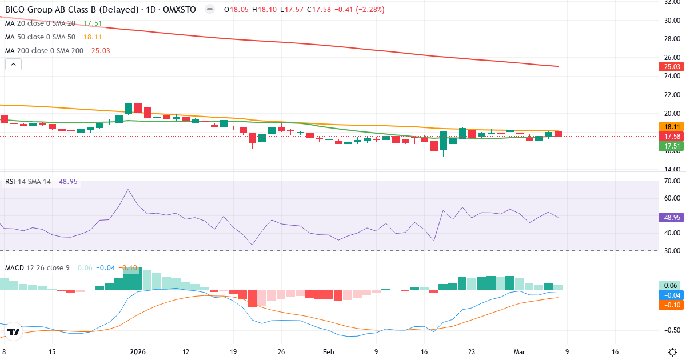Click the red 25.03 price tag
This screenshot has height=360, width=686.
pos(669,67)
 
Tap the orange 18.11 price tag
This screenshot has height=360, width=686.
pos(669,127)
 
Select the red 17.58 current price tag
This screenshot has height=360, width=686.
pos(669,137)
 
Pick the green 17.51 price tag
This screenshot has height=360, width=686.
pos(669,146)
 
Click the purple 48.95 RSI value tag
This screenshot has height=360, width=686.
pos(669,217)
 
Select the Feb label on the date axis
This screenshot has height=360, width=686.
pos(328,353)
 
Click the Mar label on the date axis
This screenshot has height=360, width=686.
pos(518,353)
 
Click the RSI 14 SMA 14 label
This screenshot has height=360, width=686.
pos(28,182)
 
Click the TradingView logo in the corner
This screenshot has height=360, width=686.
pos(14,331)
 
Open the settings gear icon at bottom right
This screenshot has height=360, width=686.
pos(673,352)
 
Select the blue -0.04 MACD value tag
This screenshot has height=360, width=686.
pos(669,295)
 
